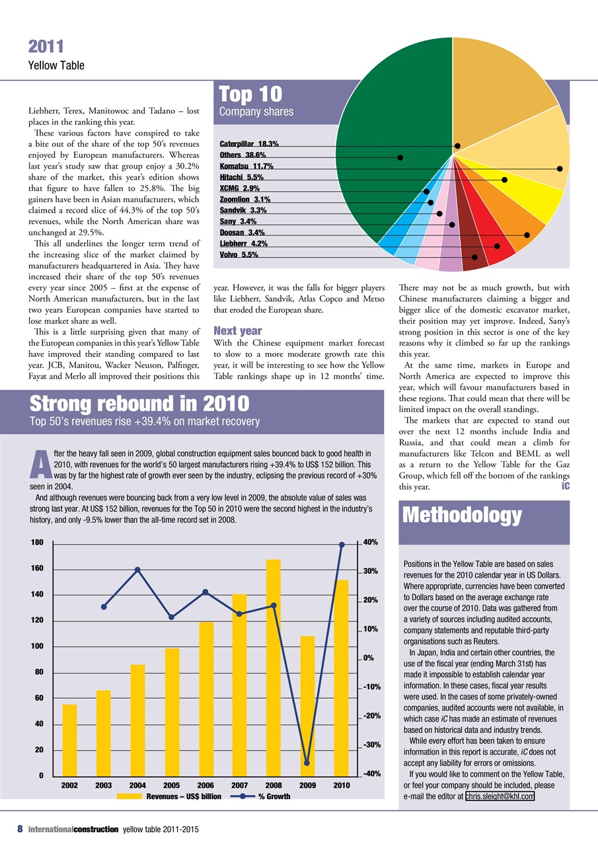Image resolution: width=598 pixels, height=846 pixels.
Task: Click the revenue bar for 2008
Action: pos(273,668)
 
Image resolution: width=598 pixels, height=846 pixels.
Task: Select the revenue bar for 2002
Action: pos(69,740)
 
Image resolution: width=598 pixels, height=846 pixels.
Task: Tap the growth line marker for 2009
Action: pos(307,763)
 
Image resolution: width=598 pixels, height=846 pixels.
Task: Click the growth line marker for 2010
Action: pos(342,545)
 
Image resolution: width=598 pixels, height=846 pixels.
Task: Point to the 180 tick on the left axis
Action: pos(37,542)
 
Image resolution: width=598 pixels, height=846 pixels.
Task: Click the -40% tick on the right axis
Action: pos(370,773)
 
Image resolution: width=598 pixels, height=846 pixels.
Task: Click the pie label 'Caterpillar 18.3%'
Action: pos(248,143)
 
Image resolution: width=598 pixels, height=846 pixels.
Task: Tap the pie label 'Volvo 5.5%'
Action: pos(239,254)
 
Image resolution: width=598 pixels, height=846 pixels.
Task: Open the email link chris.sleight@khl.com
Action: pos(500,796)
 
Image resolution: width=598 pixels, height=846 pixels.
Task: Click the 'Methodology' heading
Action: pos(462,515)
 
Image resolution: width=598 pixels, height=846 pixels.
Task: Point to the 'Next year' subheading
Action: pos(237,330)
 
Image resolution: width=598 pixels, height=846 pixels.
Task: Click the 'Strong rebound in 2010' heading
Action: pos(139,403)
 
